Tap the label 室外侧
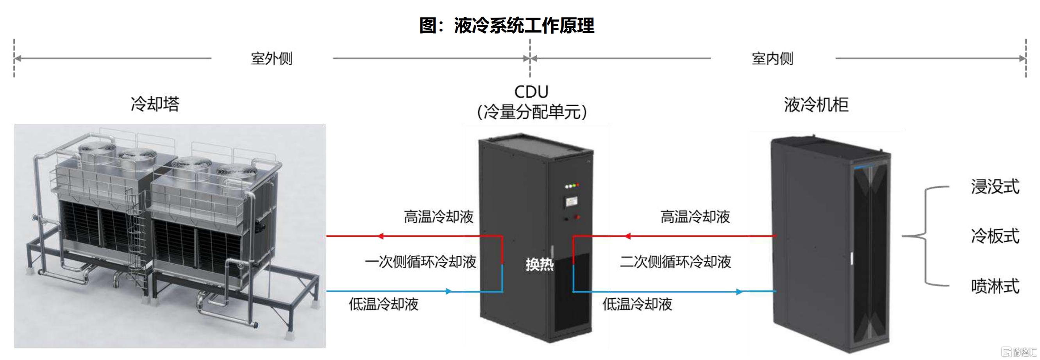(x=272, y=59)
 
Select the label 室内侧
(x=772, y=59)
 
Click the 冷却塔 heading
(x=155, y=104)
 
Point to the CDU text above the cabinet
(x=531, y=92)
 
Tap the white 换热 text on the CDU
(x=540, y=264)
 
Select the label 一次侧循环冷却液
(x=420, y=262)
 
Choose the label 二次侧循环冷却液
(x=675, y=262)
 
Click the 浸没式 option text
(x=995, y=187)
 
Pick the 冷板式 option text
(x=995, y=236)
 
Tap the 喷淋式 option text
(x=995, y=286)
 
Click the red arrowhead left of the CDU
(x=380, y=236)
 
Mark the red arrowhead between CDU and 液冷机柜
(x=627, y=236)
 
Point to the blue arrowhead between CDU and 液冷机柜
(x=740, y=291)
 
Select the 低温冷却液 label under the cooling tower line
(x=384, y=304)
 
